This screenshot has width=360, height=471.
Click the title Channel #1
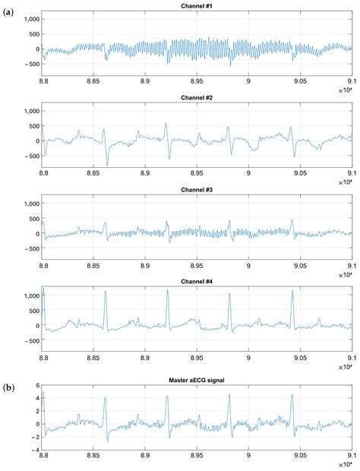(x=197, y=6)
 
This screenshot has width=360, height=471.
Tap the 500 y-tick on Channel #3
(x=33, y=219)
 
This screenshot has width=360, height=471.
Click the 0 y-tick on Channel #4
(x=36, y=326)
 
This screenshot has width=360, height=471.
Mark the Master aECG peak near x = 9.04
(x=292, y=394)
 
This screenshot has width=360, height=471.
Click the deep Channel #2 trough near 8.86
(x=107, y=165)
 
